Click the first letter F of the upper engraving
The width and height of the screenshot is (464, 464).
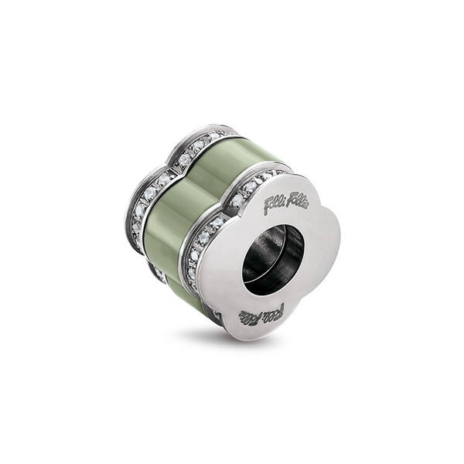click(268, 209)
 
